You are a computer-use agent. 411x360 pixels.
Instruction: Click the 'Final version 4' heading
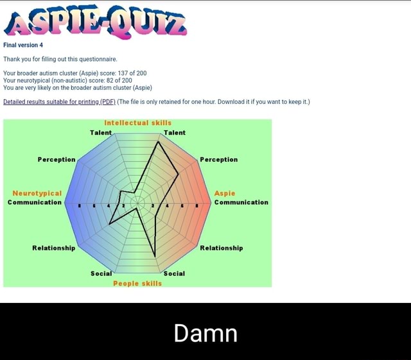(23, 45)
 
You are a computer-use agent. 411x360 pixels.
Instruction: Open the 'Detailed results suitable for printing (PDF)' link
(59, 102)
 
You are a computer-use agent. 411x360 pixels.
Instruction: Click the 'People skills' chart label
(137, 282)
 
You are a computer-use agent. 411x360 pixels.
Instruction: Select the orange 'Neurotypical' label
(37, 193)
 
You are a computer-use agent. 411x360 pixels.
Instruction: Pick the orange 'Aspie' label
(225, 193)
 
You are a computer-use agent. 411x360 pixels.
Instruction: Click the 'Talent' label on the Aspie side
(175, 132)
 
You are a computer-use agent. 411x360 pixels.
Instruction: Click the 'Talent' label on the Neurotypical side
(101, 132)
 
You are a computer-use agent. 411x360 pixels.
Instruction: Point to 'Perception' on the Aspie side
(218, 159)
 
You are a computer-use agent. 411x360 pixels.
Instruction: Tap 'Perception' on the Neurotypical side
(56, 159)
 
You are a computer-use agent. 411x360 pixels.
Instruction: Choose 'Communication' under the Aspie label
(241, 202)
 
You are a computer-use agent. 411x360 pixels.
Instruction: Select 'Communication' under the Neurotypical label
(35, 202)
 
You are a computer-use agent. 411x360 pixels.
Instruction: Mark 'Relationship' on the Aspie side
(222, 247)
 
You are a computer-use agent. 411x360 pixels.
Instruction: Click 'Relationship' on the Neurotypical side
(54, 247)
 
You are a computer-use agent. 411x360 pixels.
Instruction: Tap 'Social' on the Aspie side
(174, 273)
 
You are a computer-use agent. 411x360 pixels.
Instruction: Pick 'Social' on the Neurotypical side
(101, 273)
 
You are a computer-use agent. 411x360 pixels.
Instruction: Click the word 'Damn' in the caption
(205, 333)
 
